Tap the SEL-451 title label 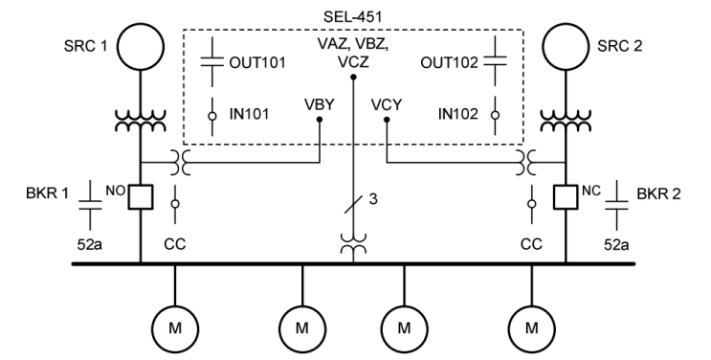click(x=353, y=12)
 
